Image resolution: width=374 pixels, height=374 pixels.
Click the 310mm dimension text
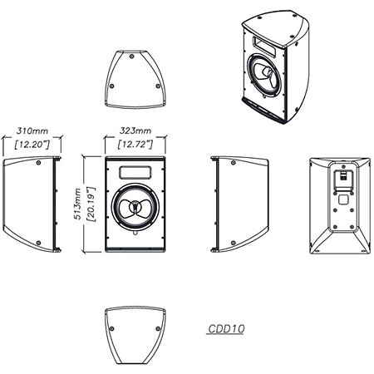(32, 130)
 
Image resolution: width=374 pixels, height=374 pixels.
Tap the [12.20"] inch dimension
(32, 145)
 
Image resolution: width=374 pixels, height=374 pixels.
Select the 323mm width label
(135, 130)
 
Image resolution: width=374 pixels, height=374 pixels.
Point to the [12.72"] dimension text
(135, 145)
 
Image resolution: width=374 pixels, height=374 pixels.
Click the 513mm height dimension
(78, 204)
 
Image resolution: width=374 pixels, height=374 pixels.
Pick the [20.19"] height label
(91, 204)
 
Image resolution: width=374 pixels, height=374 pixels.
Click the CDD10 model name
(226, 329)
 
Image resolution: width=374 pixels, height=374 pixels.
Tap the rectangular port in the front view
(135, 172)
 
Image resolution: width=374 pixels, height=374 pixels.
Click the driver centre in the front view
(135, 205)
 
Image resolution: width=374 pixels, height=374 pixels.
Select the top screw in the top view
(132, 57)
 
